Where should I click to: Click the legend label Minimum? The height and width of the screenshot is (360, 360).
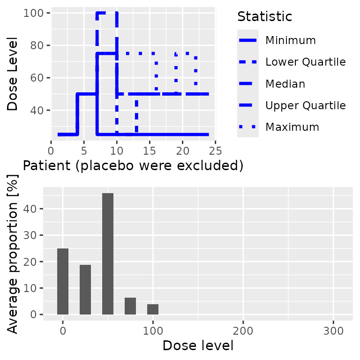[290, 40]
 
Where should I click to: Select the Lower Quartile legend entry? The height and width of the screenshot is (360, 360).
[305, 62]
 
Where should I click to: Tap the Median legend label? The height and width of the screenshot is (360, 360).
[285, 84]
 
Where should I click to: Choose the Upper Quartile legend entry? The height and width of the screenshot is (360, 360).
[305, 105]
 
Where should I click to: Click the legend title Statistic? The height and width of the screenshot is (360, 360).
[265, 16]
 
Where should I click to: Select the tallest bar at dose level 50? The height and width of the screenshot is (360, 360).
[108, 254]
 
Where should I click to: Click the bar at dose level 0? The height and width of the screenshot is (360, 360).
[63, 281]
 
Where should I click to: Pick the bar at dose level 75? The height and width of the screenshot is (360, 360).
[130, 306]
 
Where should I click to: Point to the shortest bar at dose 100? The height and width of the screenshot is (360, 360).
[153, 309]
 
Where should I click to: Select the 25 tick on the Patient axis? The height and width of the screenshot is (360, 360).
[215, 150]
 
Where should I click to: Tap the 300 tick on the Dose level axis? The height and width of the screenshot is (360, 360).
[333, 330]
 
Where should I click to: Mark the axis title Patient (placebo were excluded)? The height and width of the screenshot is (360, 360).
[133, 166]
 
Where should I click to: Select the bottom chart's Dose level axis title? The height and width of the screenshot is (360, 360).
[198, 346]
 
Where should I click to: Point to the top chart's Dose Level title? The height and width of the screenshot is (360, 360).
[14, 74]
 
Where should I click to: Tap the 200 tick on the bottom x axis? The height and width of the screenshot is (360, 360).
[243, 330]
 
